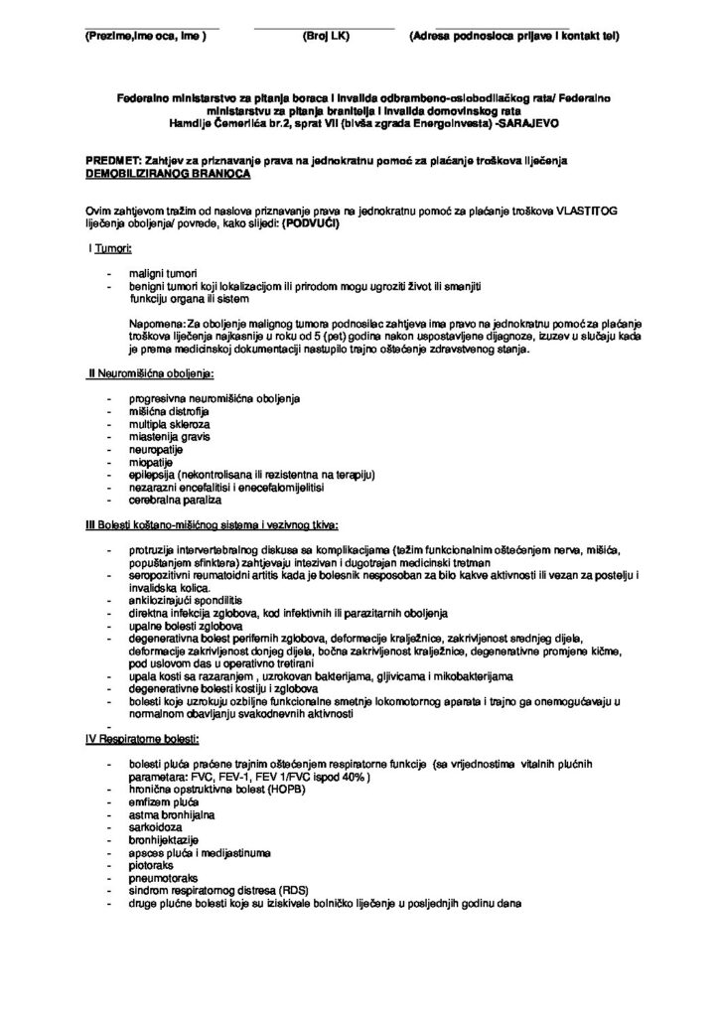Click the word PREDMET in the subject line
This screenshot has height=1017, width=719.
[112, 160]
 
